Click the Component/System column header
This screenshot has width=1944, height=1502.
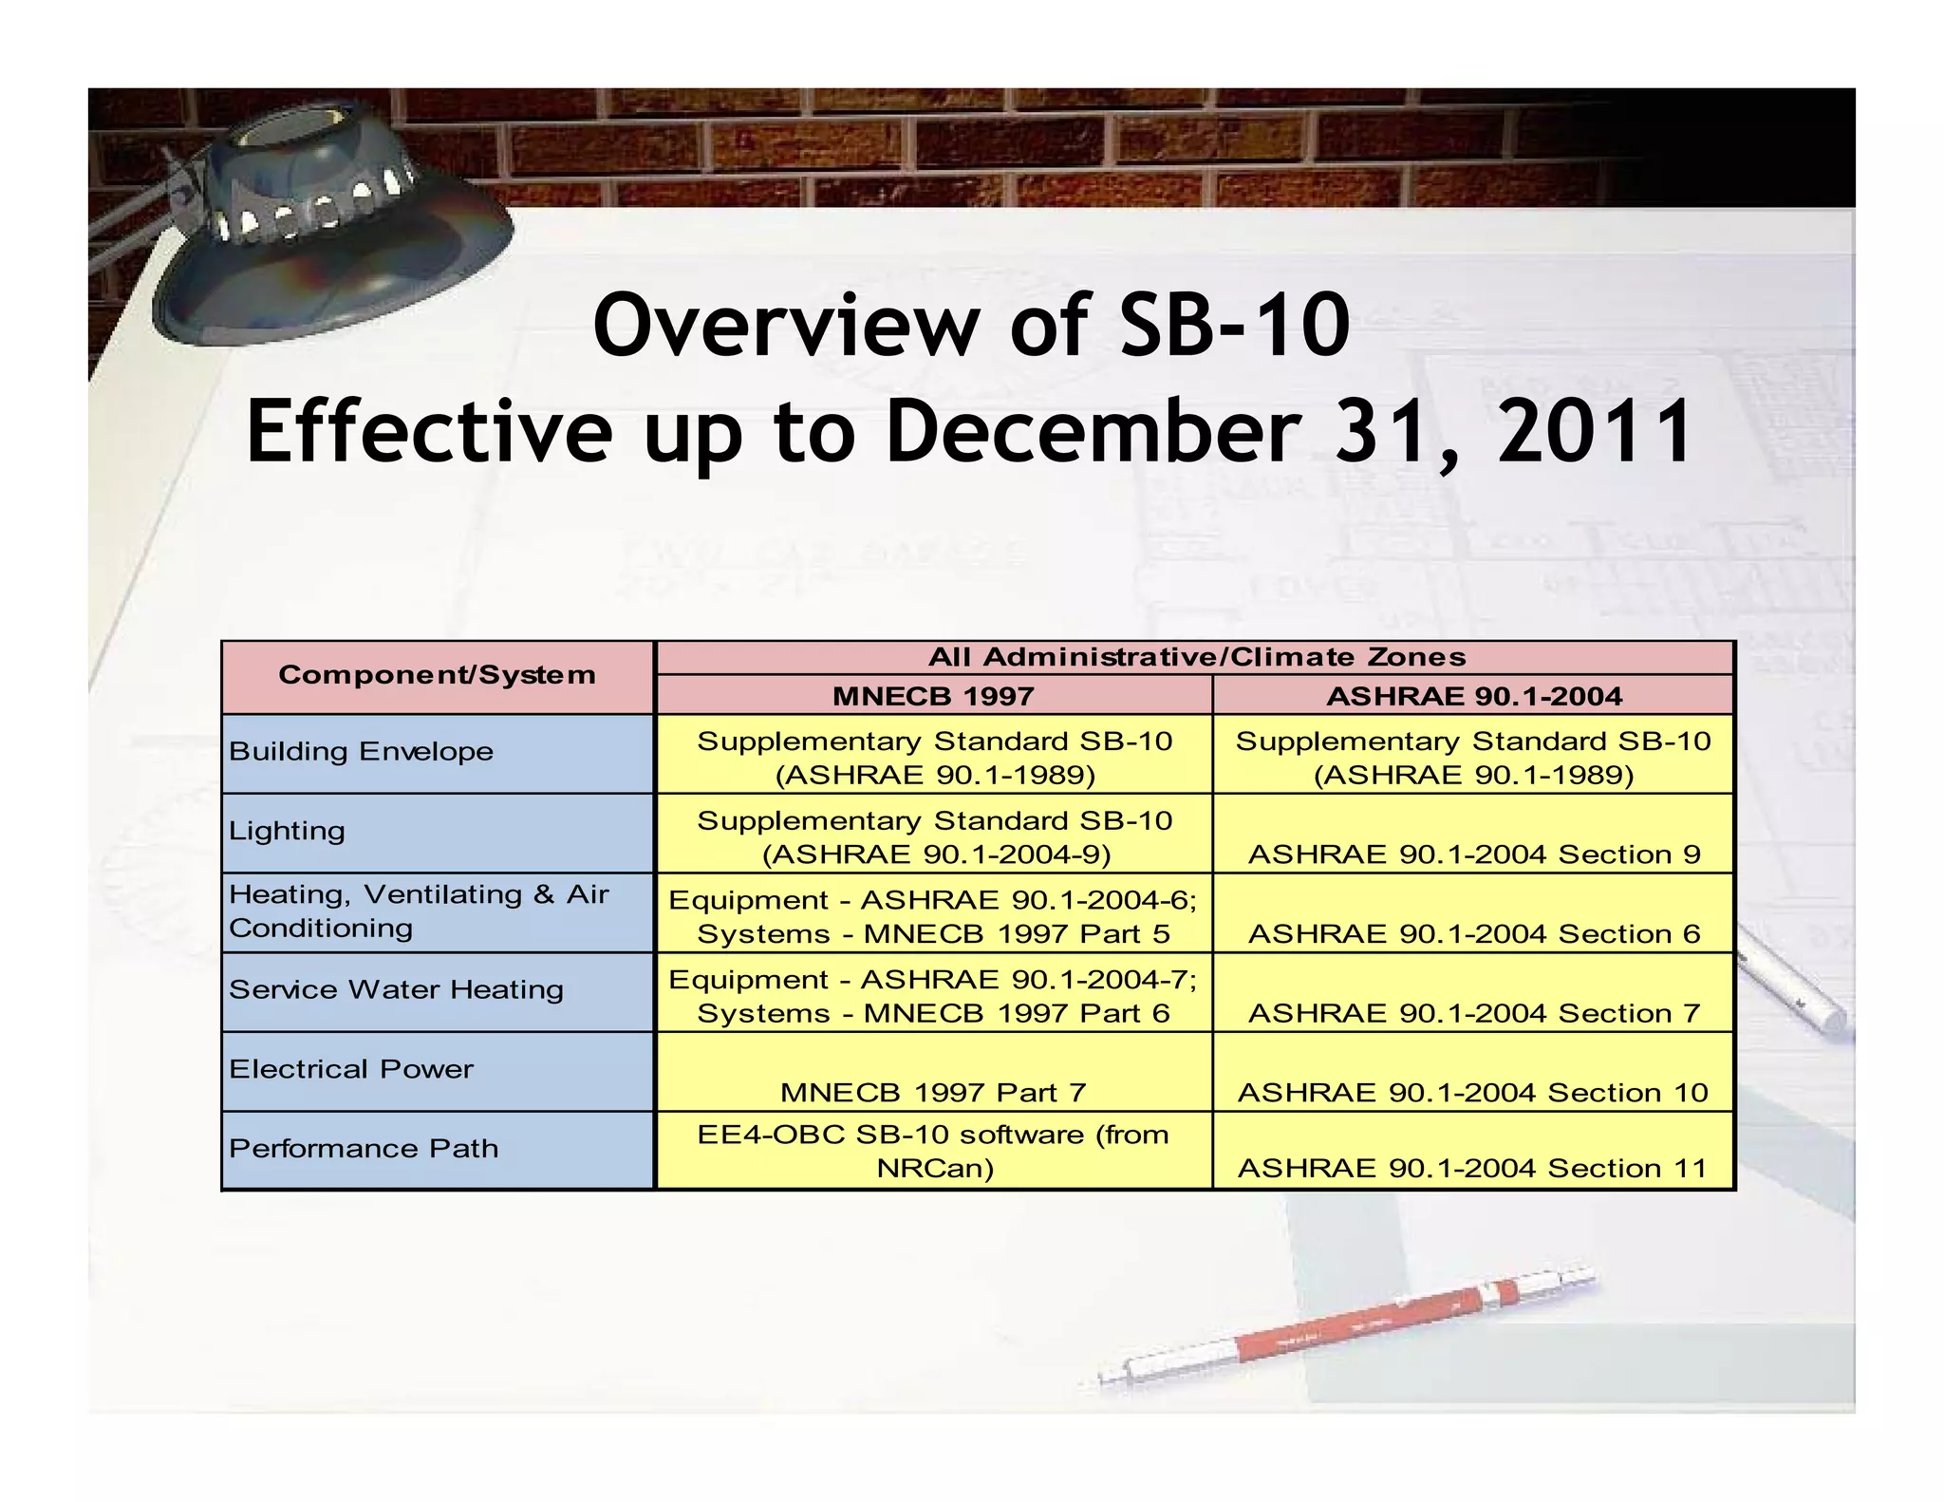(437, 676)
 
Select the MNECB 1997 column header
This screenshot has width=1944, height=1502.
(932, 696)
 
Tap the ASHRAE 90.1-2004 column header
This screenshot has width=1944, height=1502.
(1473, 696)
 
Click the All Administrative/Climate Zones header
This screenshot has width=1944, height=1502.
(1195, 657)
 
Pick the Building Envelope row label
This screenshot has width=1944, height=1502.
(361, 752)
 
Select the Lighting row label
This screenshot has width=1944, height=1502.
(287, 832)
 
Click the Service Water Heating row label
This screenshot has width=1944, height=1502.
(396, 990)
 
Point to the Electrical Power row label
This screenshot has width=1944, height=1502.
(350, 1070)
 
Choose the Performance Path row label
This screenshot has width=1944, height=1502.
(363, 1149)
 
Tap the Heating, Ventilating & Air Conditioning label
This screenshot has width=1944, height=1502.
(418, 911)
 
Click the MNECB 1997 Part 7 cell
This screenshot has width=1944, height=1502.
(932, 1093)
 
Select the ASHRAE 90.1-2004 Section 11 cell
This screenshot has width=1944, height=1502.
(1472, 1168)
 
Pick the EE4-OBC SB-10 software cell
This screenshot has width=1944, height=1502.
(932, 1151)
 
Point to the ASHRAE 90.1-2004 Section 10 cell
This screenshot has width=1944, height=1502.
(1472, 1093)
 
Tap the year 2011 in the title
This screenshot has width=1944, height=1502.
(1595, 432)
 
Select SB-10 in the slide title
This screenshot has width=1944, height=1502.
(1234, 326)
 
